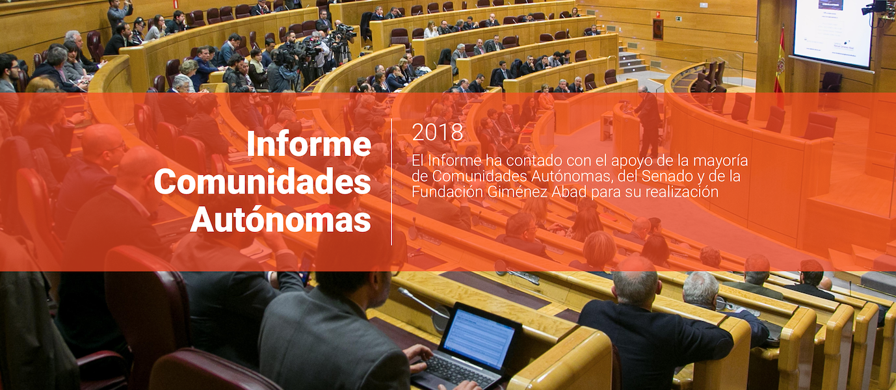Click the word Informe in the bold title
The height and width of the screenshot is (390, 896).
(310, 143)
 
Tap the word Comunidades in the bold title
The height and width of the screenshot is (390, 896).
(263, 183)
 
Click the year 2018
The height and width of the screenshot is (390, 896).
(438, 133)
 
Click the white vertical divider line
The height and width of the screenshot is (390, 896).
(391, 181)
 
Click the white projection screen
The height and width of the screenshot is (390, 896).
(833, 32)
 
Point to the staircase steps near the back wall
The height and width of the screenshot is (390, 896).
(633, 59)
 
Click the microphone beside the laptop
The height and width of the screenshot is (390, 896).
(425, 308)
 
